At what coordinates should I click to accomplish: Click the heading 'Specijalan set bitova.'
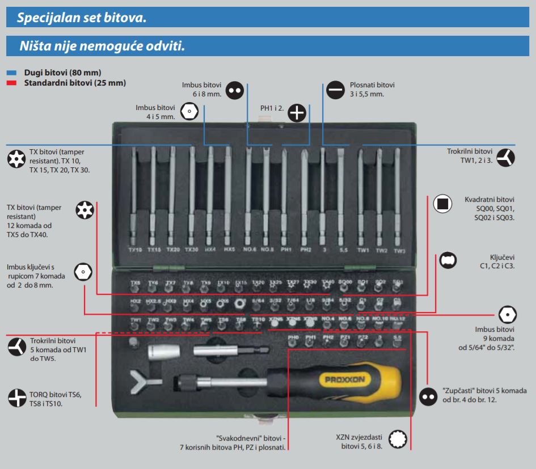click(82, 18)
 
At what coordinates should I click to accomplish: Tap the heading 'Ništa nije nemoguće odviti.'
click(102, 46)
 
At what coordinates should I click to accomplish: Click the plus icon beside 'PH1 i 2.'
click(297, 113)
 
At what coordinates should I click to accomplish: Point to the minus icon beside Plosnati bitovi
click(335, 89)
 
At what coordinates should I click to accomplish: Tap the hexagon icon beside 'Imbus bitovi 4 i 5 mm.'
click(188, 112)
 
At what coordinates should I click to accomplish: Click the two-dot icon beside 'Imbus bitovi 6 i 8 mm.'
click(234, 89)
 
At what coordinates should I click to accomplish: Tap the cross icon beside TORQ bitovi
click(16, 397)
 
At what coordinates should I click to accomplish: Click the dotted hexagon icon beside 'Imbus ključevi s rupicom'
click(83, 272)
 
